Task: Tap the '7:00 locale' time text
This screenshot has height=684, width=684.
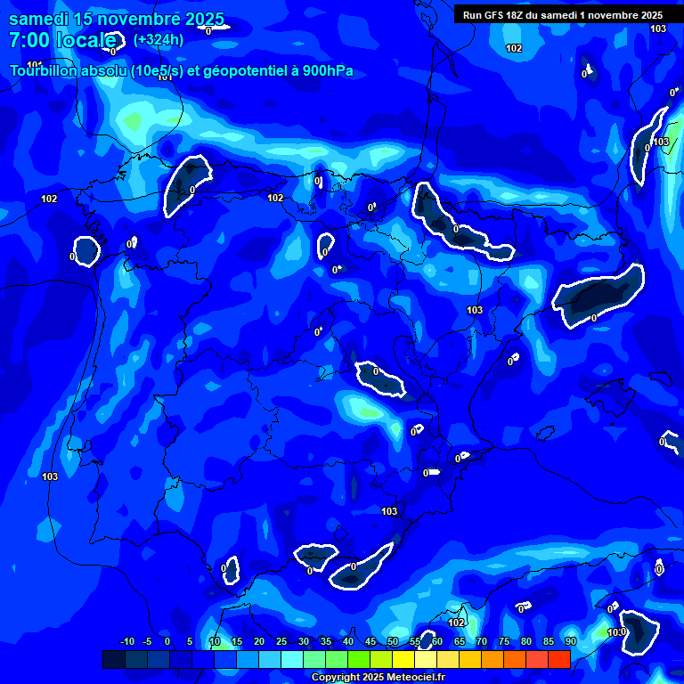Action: point(62,40)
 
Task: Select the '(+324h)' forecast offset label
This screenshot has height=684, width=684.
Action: point(159,40)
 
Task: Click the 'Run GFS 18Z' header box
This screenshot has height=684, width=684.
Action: point(563,14)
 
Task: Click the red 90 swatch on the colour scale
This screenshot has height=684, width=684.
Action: point(559,659)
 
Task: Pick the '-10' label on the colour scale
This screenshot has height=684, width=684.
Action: point(126,641)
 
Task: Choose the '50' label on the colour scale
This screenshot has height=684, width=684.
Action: point(393,641)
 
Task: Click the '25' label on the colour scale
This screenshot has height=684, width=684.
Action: point(281,641)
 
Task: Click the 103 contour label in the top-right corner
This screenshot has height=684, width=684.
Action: point(658,29)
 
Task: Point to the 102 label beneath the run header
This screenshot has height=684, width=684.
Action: point(514,48)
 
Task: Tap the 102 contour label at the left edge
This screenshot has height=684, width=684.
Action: point(49,199)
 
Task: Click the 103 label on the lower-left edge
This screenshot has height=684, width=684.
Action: point(50,476)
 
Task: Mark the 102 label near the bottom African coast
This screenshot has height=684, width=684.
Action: point(456,623)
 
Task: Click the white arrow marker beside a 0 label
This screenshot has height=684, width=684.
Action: point(434,472)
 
